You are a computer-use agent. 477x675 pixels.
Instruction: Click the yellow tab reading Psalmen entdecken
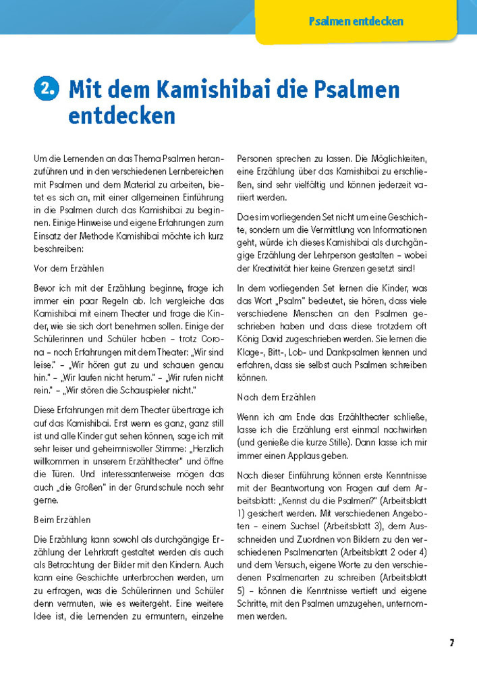(356, 21)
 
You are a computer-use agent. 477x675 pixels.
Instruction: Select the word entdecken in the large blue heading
(121, 115)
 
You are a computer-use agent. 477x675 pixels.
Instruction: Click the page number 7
(451, 643)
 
